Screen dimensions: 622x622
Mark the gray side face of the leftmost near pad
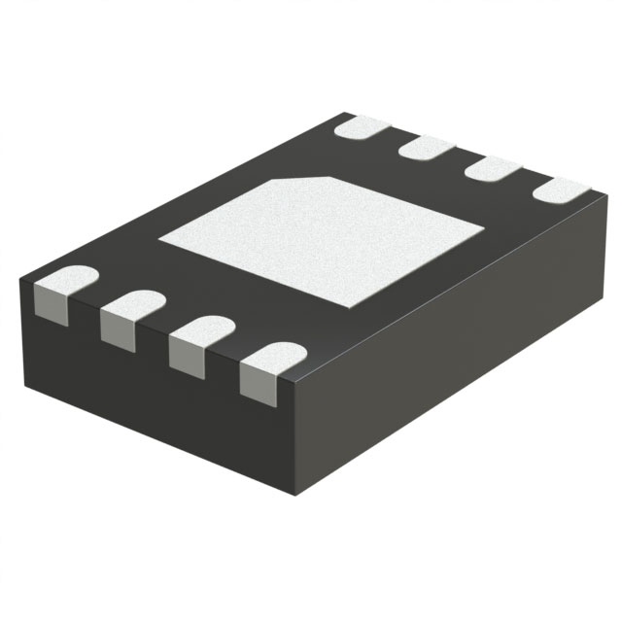(x=54, y=305)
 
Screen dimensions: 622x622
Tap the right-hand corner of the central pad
(x=483, y=228)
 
